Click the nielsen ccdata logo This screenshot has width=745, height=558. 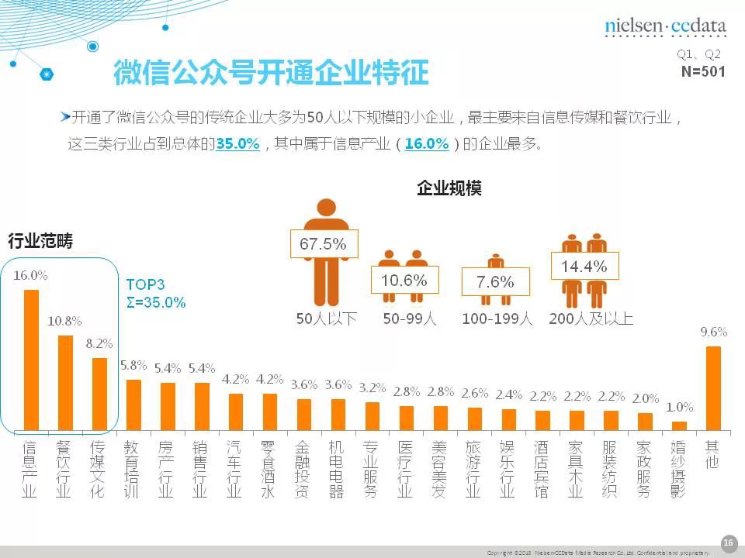pyautogui.click(x=665, y=26)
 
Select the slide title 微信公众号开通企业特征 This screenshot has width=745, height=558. pyautogui.click(x=271, y=74)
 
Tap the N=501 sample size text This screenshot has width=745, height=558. pyautogui.click(x=702, y=71)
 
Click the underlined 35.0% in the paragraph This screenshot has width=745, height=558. pyautogui.click(x=237, y=144)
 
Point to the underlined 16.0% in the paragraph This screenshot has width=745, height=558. pyautogui.click(x=427, y=144)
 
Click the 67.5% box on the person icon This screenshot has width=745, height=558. pyautogui.click(x=323, y=244)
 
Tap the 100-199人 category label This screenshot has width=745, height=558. pyautogui.click(x=497, y=319)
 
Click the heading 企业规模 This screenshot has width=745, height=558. pyautogui.click(x=449, y=188)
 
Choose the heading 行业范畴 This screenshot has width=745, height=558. pyautogui.click(x=40, y=241)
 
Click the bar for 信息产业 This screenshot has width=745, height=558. pyautogui.click(x=31, y=360)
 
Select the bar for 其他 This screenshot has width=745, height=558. pyautogui.click(x=713, y=387)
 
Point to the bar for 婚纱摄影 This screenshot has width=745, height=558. pyautogui.click(x=679, y=425)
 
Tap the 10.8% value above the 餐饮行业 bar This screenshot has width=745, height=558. pyautogui.click(x=65, y=321)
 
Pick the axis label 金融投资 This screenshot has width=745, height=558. pyautogui.click(x=303, y=469)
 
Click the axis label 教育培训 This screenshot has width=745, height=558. pyautogui.click(x=132, y=469)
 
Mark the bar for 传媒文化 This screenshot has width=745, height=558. pyautogui.click(x=99, y=393)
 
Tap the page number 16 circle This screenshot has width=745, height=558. pyautogui.click(x=728, y=542)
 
